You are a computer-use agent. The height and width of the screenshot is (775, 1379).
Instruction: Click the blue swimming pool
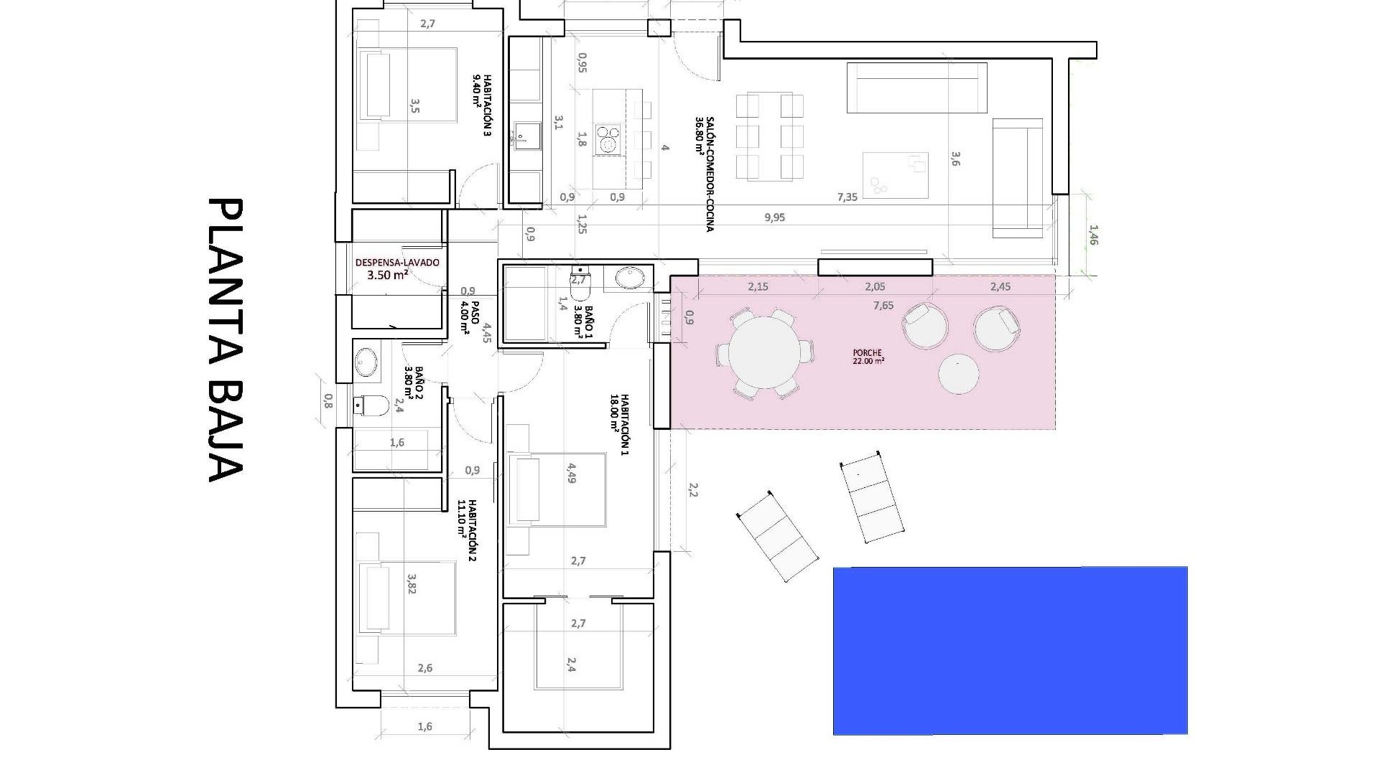click(1010, 650)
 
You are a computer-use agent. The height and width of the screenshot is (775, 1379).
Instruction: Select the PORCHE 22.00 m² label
click(868, 357)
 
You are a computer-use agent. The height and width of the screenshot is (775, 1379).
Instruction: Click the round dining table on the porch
click(765, 353)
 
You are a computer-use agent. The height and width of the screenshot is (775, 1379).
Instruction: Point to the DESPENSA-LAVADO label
click(396, 268)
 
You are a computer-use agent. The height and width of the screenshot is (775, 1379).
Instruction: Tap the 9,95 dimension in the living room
click(774, 217)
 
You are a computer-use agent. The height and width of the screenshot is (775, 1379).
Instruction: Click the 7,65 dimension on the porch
click(883, 306)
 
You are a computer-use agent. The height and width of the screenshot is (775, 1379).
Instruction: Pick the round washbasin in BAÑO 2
click(366, 362)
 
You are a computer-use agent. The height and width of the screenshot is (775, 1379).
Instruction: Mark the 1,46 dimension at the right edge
click(1093, 235)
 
